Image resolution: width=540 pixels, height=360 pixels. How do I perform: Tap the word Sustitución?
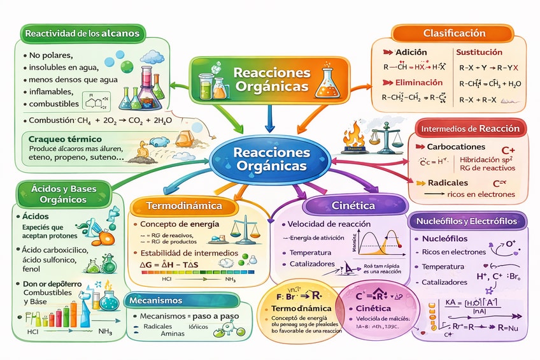[x=480, y=52]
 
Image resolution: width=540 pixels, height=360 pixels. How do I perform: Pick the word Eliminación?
[x=419, y=82]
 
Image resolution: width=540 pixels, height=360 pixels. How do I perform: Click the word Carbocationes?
[x=456, y=147]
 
